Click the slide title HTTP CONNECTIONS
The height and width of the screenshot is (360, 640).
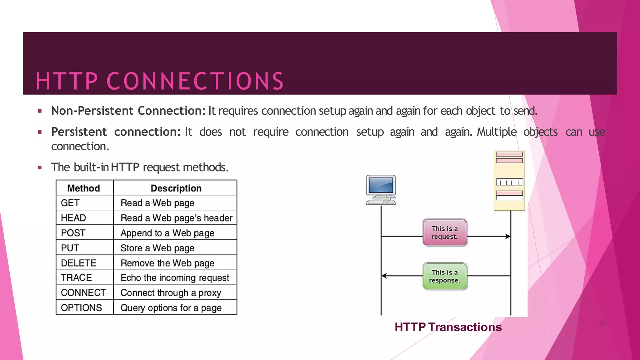tap(160, 81)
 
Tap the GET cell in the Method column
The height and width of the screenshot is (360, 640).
tap(70, 203)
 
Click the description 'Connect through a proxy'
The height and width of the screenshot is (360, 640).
tap(171, 293)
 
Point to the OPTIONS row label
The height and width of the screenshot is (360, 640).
tap(81, 308)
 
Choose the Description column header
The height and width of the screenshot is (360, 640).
tap(176, 188)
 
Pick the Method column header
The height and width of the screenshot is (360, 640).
tap(83, 188)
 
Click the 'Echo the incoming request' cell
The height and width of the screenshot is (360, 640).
tap(175, 278)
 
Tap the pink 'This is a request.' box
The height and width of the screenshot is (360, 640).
tap(445, 232)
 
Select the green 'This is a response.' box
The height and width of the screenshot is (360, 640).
tap(445, 276)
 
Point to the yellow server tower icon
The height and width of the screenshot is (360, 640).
tap(509, 181)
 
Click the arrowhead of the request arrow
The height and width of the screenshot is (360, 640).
tap(508, 237)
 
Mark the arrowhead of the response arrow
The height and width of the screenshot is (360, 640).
tap(384, 276)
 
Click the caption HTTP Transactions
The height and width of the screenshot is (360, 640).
tap(448, 327)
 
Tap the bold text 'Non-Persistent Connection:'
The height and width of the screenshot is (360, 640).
tap(128, 111)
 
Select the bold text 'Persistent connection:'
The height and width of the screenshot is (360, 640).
tap(116, 132)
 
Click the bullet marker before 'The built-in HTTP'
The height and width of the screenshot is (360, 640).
tap(40, 167)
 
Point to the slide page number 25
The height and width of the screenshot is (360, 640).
tap(602, 323)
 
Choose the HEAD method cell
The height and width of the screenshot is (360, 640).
tap(73, 218)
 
